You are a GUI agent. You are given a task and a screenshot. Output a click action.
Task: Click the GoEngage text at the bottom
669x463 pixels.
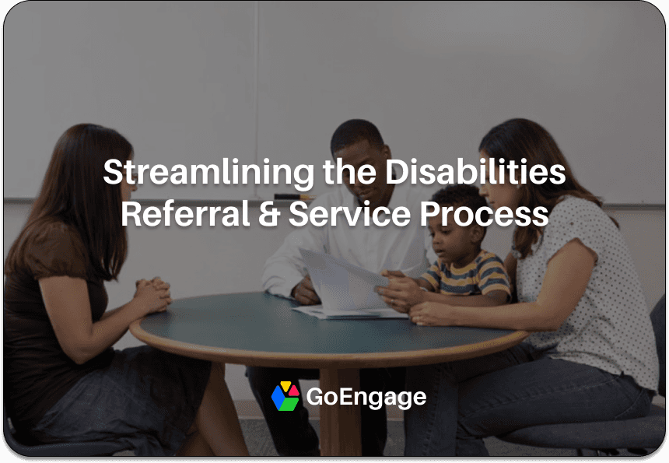(366, 397)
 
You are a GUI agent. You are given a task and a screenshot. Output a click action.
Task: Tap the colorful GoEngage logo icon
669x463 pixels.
(285, 397)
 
